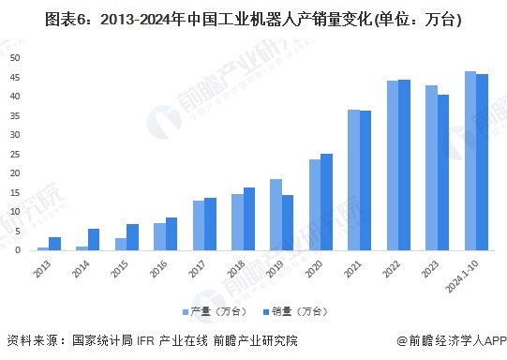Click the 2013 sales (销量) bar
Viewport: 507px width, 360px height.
pyautogui.click(x=55, y=244)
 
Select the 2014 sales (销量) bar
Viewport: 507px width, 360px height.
pyautogui.click(x=94, y=239)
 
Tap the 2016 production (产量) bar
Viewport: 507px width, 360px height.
pyautogui.click(x=160, y=236)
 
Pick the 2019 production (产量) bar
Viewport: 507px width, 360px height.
pyautogui.click(x=276, y=215)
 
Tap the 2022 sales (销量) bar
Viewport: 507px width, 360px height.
pyautogui.click(x=404, y=165)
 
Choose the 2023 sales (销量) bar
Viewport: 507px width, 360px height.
pyautogui.click(x=443, y=172)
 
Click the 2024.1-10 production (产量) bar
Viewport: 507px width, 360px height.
pyautogui.click(x=470, y=160)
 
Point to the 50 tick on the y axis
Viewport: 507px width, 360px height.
pyautogui.click(x=15, y=58)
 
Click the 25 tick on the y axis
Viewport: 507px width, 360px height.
pyautogui.click(x=15, y=154)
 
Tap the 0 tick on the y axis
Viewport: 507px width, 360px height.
pyautogui.click(x=18, y=250)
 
